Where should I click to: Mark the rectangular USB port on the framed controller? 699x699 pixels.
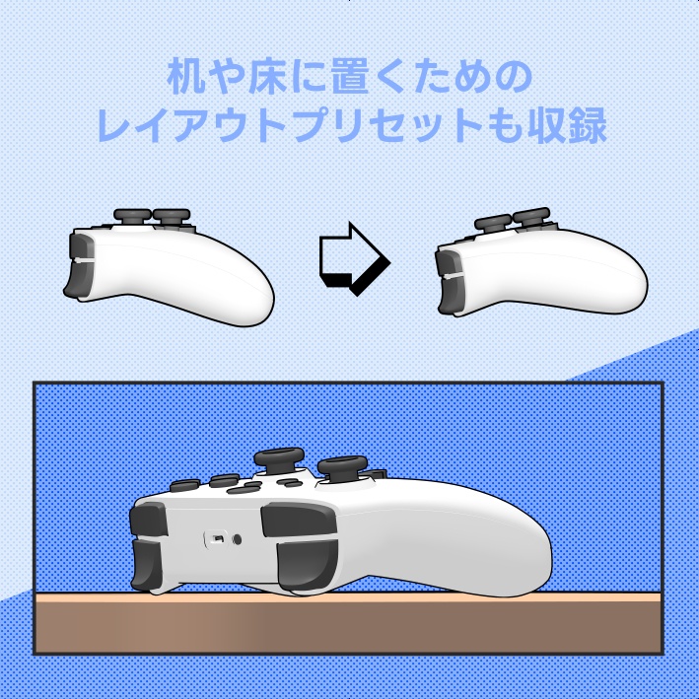coord(211,539)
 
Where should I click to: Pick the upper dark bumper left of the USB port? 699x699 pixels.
coord(149,520)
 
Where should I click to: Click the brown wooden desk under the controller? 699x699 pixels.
coord(345,626)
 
